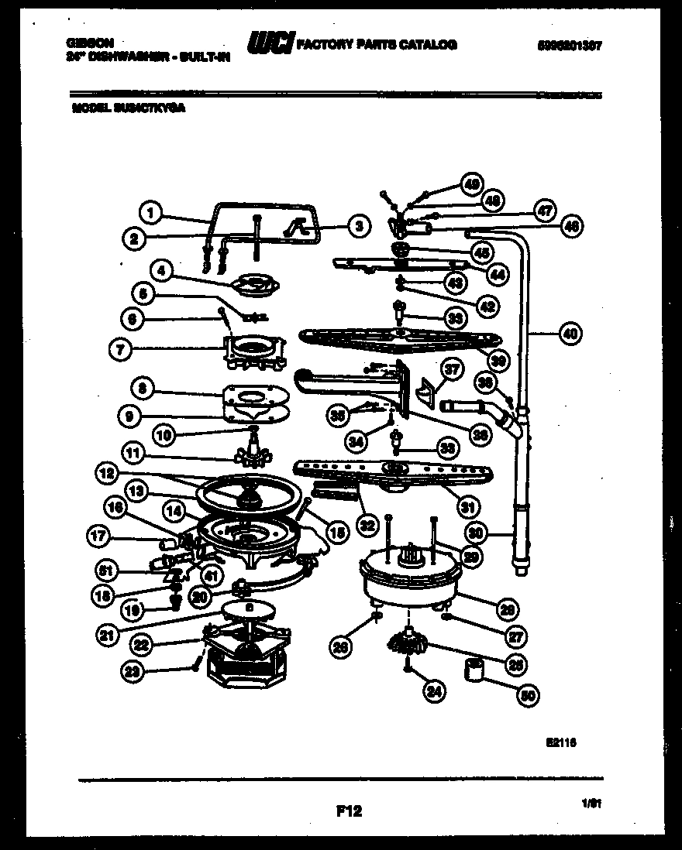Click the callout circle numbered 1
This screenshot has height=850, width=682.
[x=152, y=210]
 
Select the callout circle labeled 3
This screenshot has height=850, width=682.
[x=356, y=226]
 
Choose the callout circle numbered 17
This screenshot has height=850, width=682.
[x=98, y=534]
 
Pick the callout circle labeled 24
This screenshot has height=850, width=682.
[x=434, y=691]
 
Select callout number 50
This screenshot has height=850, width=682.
[x=527, y=694]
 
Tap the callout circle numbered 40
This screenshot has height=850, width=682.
[x=570, y=334]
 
